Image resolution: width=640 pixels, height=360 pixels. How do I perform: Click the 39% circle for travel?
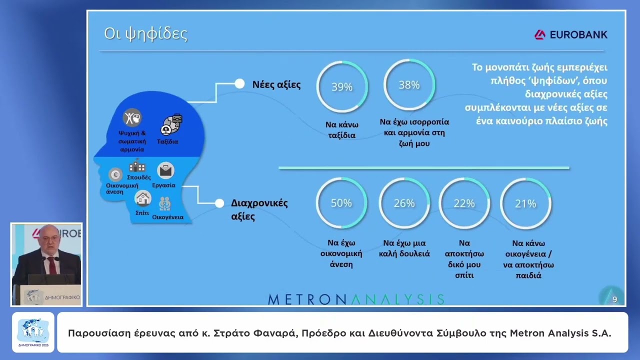[x=342, y=87]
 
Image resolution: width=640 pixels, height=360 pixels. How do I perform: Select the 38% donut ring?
[x=409, y=85]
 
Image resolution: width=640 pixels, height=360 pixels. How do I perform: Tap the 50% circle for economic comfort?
[x=341, y=203]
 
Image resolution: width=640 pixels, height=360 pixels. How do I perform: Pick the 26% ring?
[x=404, y=203]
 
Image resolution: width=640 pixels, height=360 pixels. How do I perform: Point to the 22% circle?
[x=464, y=203]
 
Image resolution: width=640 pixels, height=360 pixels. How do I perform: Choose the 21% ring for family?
[x=525, y=203]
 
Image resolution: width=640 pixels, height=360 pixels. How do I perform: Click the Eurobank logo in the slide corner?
[x=571, y=34]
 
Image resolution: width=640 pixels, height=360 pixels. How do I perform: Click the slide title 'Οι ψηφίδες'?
[x=145, y=34]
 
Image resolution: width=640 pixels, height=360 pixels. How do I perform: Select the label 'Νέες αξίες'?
[x=276, y=84]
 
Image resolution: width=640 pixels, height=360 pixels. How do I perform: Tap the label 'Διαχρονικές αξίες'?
[x=259, y=209]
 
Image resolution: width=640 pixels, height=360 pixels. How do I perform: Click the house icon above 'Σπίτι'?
[x=143, y=198]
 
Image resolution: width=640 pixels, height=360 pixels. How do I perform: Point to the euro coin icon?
[x=115, y=174]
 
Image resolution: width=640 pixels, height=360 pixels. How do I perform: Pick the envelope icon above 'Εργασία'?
[x=165, y=171]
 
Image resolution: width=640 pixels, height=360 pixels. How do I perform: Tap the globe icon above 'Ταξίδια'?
[x=171, y=125]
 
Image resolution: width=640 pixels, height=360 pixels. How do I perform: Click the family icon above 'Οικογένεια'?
[x=165, y=204]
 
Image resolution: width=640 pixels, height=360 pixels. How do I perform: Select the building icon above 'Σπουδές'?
[x=137, y=166]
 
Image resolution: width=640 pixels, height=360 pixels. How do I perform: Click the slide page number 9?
[x=614, y=299]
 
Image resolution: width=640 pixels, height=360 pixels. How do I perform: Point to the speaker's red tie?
[x=52, y=265]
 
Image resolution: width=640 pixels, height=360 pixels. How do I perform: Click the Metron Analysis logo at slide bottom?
[x=356, y=299]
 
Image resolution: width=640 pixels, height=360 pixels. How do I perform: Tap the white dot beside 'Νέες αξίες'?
[x=239, y=84]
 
